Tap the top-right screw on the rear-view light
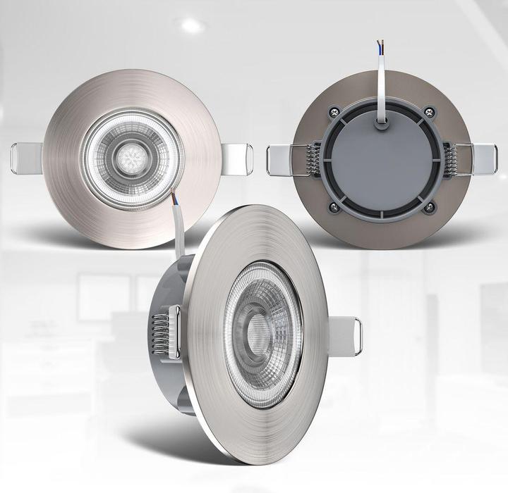(430, 111)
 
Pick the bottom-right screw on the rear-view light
(430, 207)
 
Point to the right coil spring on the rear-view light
(449, 159)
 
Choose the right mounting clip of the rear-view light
(483, 159)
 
